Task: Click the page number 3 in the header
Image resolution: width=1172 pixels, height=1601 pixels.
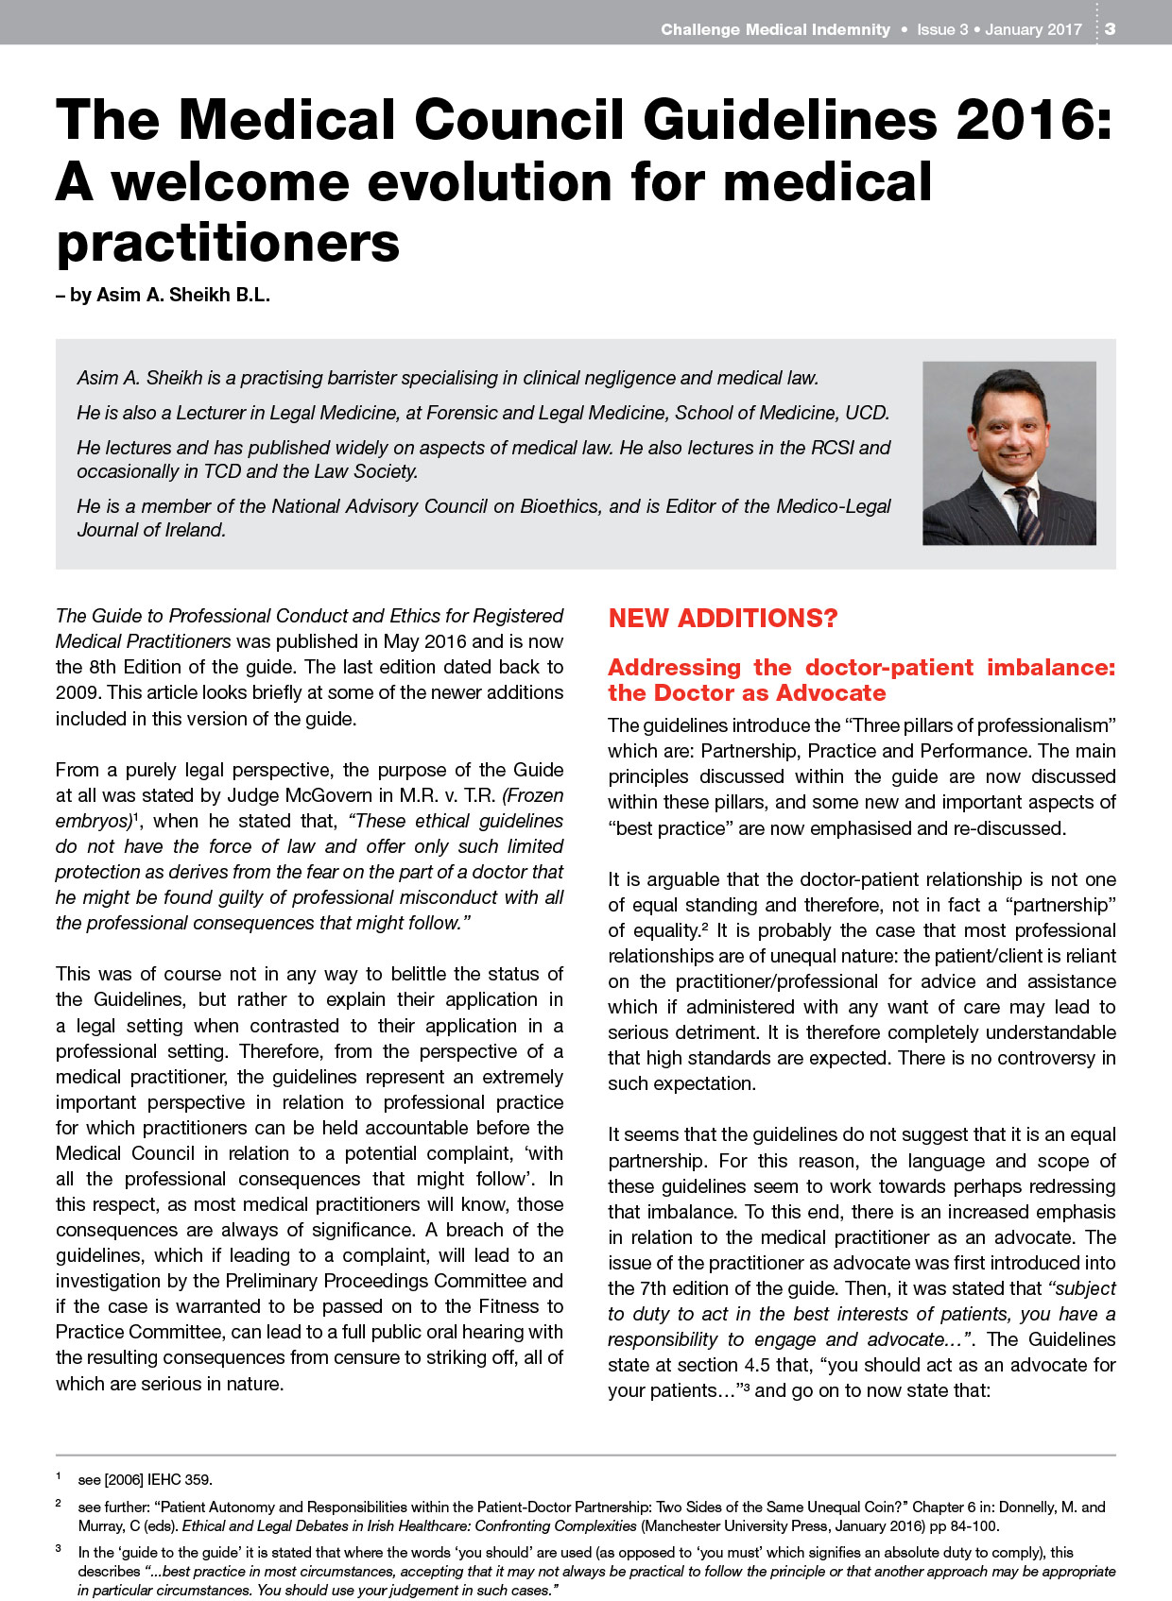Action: pyautogui.click(x=1111, y=29)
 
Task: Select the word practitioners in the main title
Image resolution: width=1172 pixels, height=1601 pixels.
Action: pyautogui.click(x=228, y=243)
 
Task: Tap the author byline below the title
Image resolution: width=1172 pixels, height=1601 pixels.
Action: pyautogui.click(x=163, y=295)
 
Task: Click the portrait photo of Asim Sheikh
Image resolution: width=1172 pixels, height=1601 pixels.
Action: pyautogui.click(x=1008, y=452)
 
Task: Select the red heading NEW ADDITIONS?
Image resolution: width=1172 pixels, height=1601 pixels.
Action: pyautogui.click(x=723, y=619)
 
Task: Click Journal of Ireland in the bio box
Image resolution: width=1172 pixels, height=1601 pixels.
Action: pyautogui.click(x=151, y=530)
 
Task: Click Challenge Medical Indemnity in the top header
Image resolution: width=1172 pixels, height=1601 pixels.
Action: pyautogui.click(x=775, y=29)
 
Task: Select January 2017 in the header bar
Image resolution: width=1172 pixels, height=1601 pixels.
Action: pyautogui.click(x=1033, y=29)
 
